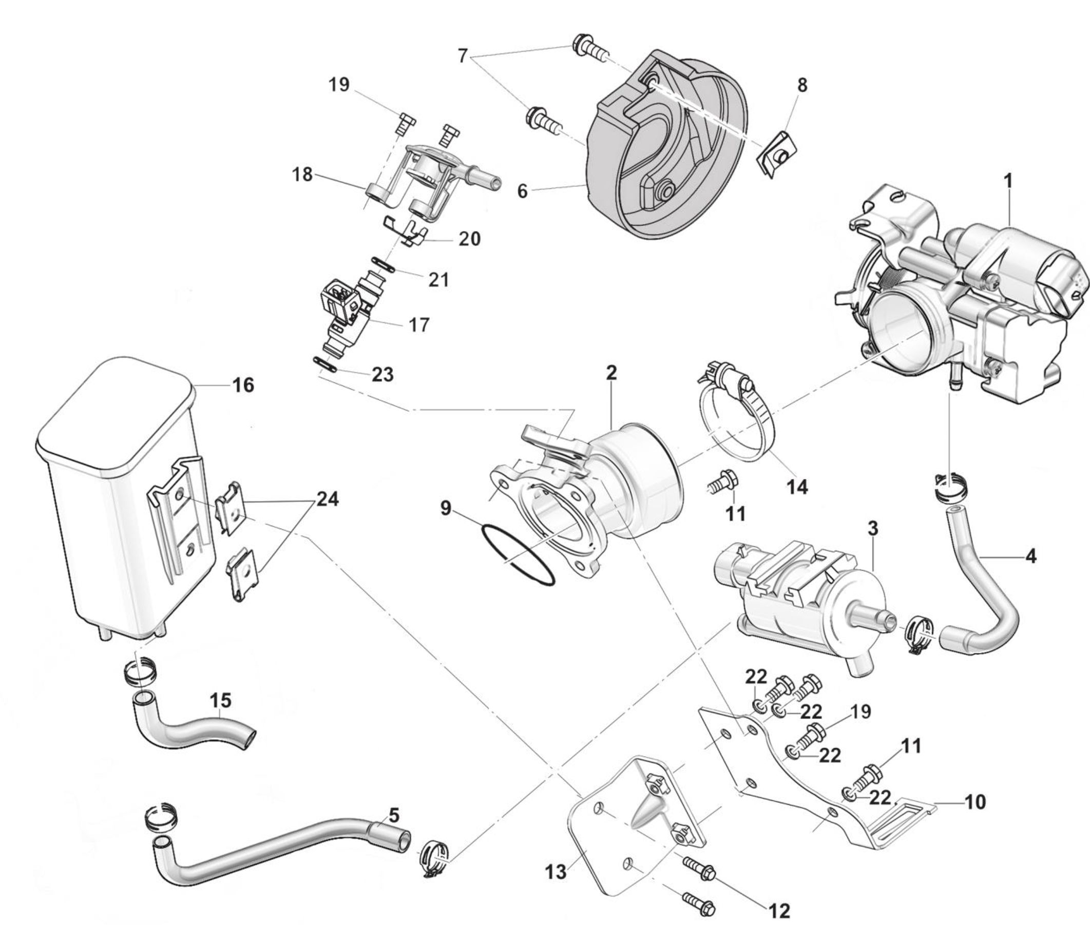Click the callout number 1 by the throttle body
1007,181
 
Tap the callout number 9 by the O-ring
445,508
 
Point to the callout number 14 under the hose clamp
797,487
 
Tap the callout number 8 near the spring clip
802,86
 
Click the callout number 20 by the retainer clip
469,239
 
